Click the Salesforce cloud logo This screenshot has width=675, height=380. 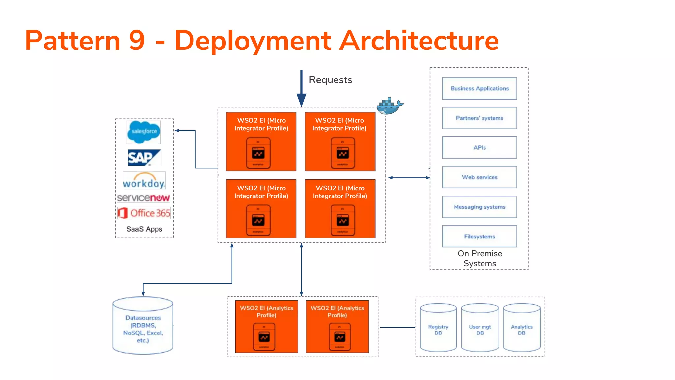click(143, 132)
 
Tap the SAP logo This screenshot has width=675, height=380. click(144, 158)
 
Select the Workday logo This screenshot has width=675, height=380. click(144, 180)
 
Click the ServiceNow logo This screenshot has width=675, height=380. click(143, 198)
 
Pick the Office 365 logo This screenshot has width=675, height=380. click(144, 213)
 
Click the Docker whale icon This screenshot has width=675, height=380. click(390, 106)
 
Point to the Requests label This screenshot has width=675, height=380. click(330, 80)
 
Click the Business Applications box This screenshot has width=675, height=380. click(479, 88)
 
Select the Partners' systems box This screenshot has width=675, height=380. click(479, 118)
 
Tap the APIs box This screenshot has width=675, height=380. click(479, 147)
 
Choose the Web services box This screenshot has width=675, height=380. click(479, 177)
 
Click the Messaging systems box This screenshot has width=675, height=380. click(479, 207)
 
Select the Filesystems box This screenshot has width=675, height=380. click(479, 236)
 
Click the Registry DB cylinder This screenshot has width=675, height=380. click(438, 328)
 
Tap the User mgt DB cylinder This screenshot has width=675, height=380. click(480, 328)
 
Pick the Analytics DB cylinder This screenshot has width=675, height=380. click(521, 328)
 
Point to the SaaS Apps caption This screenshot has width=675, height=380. click(144, 229)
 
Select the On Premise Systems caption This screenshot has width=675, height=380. click(480, 258)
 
